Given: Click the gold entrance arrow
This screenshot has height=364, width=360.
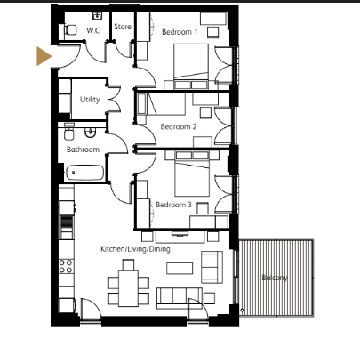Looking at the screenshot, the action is (x=44, y=56).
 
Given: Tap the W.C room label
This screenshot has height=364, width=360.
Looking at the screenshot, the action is (x=93, y=30).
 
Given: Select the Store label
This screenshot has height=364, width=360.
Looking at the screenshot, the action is (x=123, y=27).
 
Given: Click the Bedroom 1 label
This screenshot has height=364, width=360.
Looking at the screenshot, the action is (x=180, y=32).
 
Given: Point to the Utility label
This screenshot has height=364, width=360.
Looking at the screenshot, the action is (x=90, y=100).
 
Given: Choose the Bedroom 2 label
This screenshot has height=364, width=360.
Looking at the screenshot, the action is (x=179, y=126).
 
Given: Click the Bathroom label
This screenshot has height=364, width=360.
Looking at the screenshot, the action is (x=83, y=150).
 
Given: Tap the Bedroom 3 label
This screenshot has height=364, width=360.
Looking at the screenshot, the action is (x=173, y=205).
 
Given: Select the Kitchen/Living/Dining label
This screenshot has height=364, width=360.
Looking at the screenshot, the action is (x=135, y=249).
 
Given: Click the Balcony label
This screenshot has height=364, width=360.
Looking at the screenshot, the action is (x=275, y=278).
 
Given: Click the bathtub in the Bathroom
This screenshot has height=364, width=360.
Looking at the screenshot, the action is (x=85, y=173).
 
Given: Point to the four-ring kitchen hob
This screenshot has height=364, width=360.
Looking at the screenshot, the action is (x=66, y=266).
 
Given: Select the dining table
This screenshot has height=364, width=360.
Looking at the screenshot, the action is (x=129, y=288).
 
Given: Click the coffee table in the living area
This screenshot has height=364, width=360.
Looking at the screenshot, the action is (x=180, y=268).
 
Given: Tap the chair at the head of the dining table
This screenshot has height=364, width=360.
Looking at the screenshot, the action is (x=128, y=264).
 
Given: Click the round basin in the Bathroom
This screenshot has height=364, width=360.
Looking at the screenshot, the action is (x=90, y=133).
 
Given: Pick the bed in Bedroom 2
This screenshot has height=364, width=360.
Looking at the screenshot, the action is (x=167, y=103).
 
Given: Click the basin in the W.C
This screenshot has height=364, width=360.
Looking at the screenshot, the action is (x=97, y=16).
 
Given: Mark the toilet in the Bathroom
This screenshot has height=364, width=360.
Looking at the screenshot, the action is (x=69, y=132).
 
